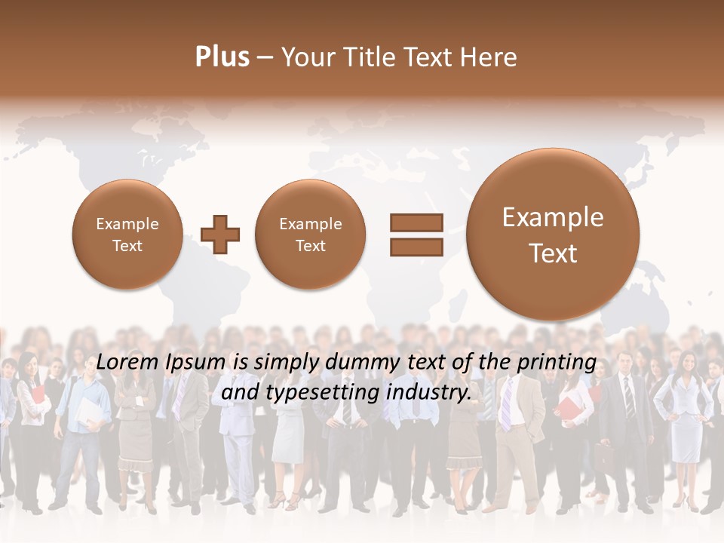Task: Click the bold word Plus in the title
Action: point(222,57)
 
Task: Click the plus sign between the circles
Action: point(221,235)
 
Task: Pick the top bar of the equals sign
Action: point(416,222)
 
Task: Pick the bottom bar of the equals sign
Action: point(416,247)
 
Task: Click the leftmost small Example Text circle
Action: point(127,235)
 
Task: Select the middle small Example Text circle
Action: point(310,235)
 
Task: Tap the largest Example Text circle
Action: point(553,235)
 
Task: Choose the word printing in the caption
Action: point(556,363)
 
